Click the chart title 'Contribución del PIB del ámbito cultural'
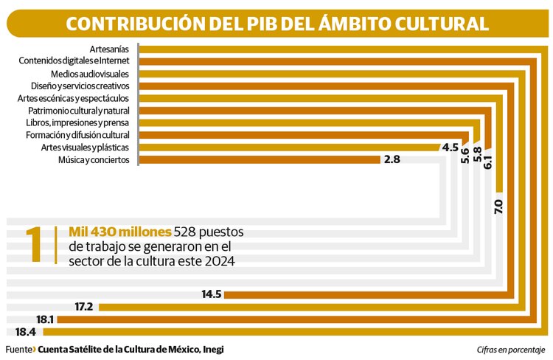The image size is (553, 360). [x=276, y=24]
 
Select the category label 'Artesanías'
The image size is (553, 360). [x=109, y=49]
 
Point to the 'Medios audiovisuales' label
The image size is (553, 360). [x=90, y=75]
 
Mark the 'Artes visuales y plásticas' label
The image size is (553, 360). [x=86, y=148]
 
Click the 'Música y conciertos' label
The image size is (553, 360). [x=94, y=159]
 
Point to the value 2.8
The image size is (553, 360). [x=392, y=159]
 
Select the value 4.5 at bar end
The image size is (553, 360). [x=450, y=148]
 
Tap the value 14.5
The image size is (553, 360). [x=212, y=294]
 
